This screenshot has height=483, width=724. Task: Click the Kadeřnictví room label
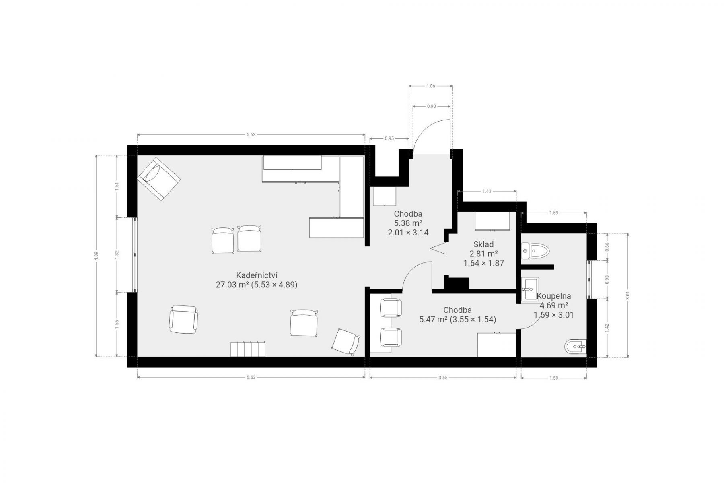[257, 275]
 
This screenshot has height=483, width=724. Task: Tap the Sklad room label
[483, 244]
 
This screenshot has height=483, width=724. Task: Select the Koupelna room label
[554, 296]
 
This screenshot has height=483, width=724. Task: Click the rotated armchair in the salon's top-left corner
[158, 179]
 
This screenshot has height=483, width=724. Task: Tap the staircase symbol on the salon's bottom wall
[249, 349]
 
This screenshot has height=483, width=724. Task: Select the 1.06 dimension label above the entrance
[430, 86]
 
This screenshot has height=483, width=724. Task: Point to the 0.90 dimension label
[431, 106]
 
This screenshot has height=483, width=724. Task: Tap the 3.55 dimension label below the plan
[443, 377]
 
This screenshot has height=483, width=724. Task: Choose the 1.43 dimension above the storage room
[487, 191]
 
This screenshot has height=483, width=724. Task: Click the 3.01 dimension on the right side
[628, 295]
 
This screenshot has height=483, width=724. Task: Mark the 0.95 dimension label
[389, 138]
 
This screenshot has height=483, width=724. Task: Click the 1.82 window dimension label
[117, 254]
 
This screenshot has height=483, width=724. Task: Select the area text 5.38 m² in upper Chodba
[408, 223]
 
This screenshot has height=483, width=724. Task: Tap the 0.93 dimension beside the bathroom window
[607, 279]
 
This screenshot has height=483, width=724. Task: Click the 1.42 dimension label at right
[607, 328]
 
